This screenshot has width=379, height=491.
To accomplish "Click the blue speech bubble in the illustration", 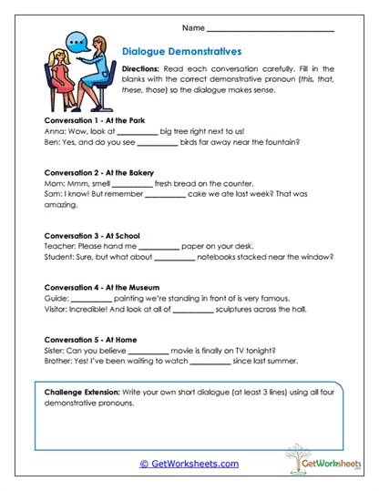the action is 77,41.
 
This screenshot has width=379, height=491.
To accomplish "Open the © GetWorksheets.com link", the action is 189,464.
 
